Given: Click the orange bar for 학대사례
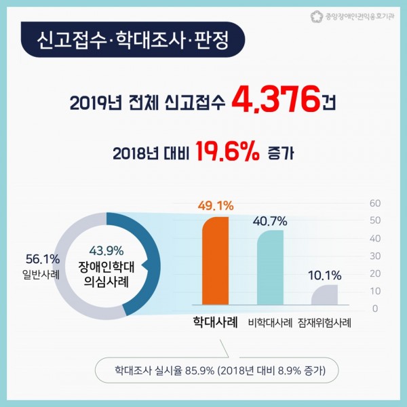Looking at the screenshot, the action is (215, 260).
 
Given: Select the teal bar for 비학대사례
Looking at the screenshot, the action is (270, 267).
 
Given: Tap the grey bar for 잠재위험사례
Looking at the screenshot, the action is (324, 294).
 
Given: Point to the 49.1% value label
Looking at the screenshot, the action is (216, 206).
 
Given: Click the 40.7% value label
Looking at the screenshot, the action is (270, 221).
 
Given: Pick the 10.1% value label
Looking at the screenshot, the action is (325, 275).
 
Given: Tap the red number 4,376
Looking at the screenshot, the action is (276, 100).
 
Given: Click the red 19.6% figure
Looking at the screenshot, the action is (227, 151).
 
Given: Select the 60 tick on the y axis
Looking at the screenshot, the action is (375, 203).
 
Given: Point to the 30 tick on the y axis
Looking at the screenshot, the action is (375, 256).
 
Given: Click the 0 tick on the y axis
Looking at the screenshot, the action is (375, 309).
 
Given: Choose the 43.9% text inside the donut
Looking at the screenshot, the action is (106, 251).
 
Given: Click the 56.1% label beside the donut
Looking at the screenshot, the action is (43, 259).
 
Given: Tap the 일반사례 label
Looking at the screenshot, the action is (41, 275).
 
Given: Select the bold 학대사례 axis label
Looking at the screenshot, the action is (216, 322).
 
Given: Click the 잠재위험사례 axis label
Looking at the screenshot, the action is (324, 323).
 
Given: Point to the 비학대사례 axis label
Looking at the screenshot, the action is (270, 323).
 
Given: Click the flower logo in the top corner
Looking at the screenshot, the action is (317, 16).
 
